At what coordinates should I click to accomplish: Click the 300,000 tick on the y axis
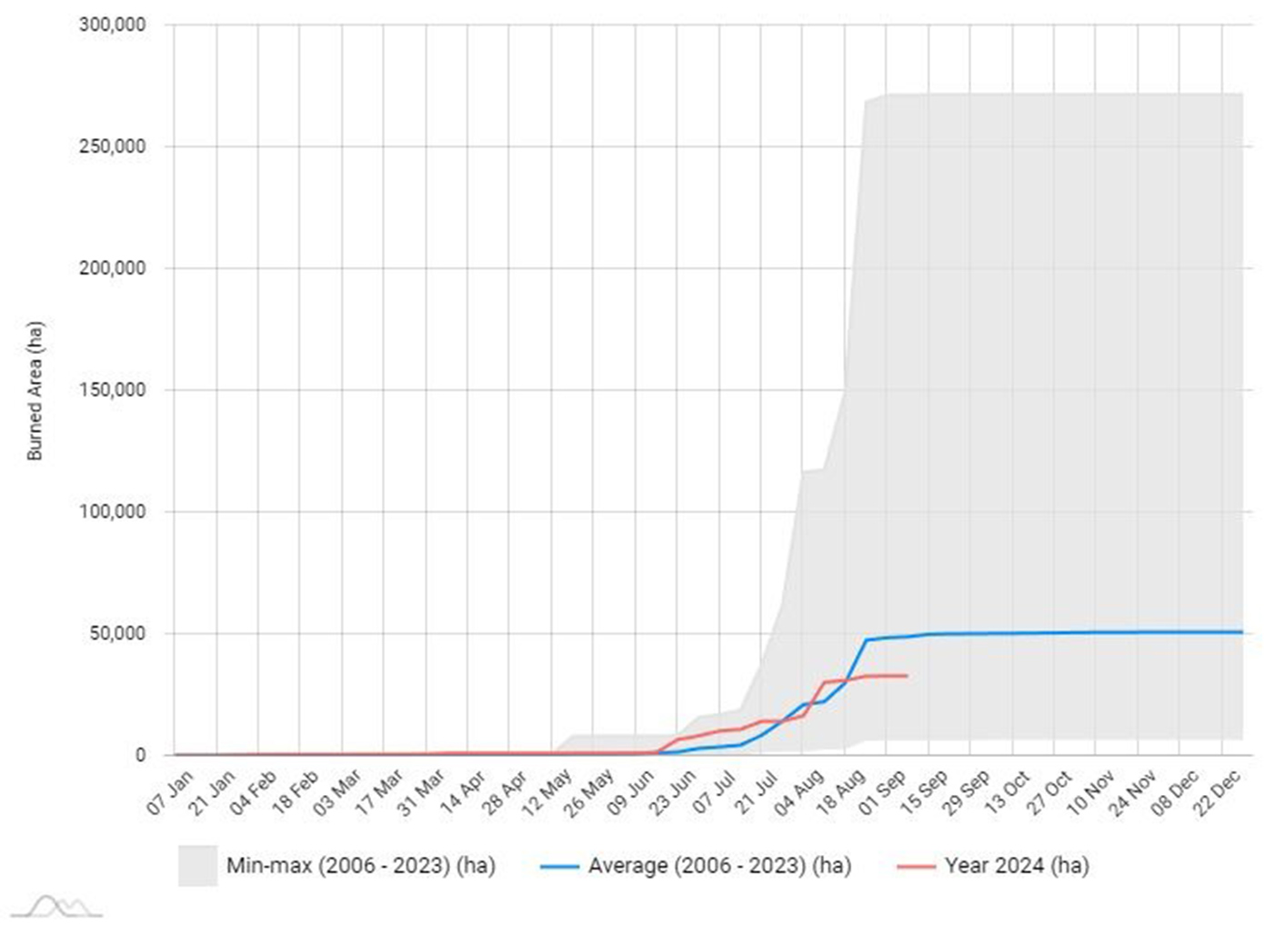pos(112,25)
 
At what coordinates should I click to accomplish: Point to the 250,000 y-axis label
pos(112,146)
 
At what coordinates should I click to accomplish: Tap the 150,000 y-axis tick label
pos(112,390)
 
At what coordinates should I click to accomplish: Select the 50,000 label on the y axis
pos(116,634)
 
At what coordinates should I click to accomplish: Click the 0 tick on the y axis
pos(140,755)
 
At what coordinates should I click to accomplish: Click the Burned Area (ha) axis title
pos(35,390)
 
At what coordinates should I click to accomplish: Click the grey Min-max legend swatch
pos(197,865)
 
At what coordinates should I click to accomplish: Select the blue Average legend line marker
pos(559,866)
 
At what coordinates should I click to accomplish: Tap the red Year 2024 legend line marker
pos(916,866)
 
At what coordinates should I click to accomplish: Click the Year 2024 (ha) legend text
pos(1016,865)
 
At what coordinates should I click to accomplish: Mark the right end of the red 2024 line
pos(907,676)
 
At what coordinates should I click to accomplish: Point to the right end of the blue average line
pos(1242,632)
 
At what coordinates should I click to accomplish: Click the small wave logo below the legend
pos(56,907)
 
